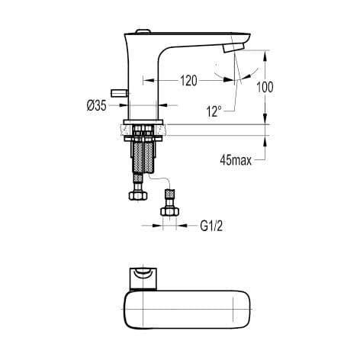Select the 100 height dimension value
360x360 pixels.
265,87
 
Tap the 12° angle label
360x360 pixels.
214,110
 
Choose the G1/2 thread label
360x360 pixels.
211,226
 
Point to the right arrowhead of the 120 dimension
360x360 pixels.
233,79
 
